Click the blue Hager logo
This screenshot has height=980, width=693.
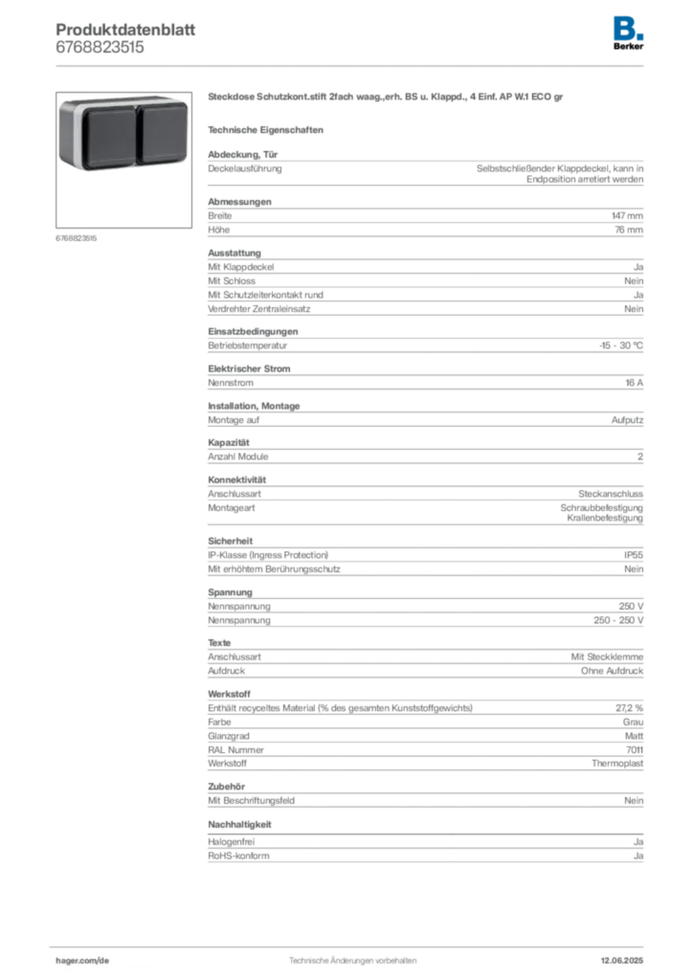[630, 27]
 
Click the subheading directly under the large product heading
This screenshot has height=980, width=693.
[269, 129]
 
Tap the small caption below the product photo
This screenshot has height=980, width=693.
[77, 237]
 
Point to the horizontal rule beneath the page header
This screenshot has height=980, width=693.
[352, 65]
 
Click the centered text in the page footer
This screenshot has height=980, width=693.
[352, 956]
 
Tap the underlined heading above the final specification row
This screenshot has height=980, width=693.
[242, 824]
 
